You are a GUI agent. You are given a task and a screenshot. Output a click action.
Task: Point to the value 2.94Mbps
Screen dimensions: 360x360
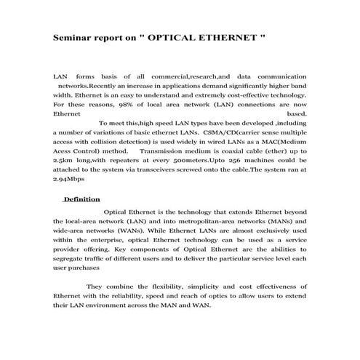pos(69,180)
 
